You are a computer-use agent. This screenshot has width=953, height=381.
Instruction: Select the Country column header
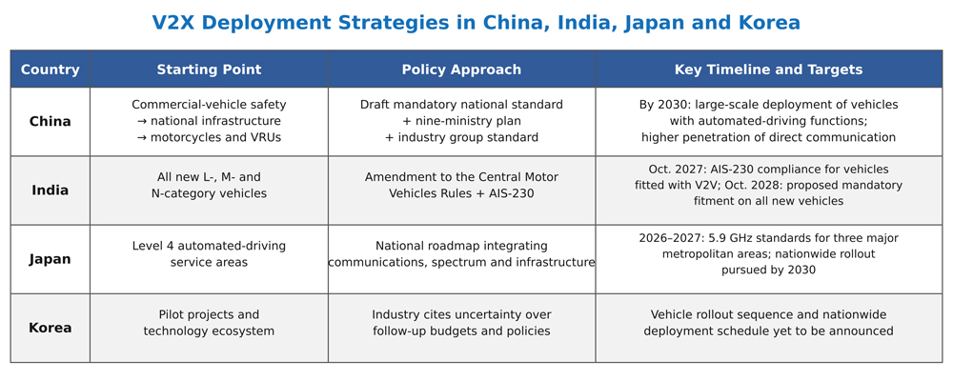50,70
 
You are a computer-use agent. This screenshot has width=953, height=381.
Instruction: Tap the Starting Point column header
209,70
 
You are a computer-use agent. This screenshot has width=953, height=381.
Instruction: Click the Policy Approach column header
461,70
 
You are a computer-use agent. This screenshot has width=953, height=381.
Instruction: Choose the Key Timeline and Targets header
768,70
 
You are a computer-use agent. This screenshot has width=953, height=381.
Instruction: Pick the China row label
50,122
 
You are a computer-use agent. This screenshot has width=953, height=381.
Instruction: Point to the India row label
50,190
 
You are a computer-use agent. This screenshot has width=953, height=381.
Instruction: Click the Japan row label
50,259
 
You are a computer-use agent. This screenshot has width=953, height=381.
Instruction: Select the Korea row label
50,328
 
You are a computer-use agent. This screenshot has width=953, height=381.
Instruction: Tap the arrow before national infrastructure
142,121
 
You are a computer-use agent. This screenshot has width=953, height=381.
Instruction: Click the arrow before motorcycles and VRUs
142,137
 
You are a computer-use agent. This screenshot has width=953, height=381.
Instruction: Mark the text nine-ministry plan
467,121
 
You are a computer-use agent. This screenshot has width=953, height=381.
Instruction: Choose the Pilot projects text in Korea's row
180,314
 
